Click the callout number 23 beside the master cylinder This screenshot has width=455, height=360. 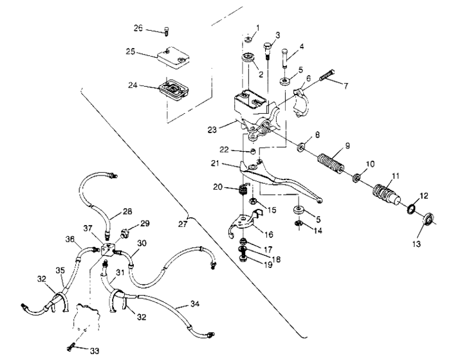[214, 128]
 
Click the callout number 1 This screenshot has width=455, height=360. [257, 28]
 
